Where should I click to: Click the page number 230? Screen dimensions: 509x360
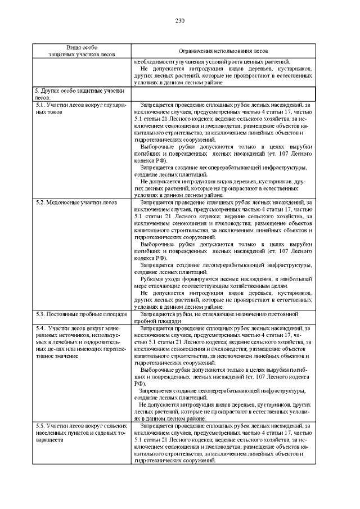coord(180,21)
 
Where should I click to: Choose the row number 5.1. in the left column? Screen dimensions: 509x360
coord(40,105)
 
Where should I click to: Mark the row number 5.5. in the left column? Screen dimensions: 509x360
coord(40,426)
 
